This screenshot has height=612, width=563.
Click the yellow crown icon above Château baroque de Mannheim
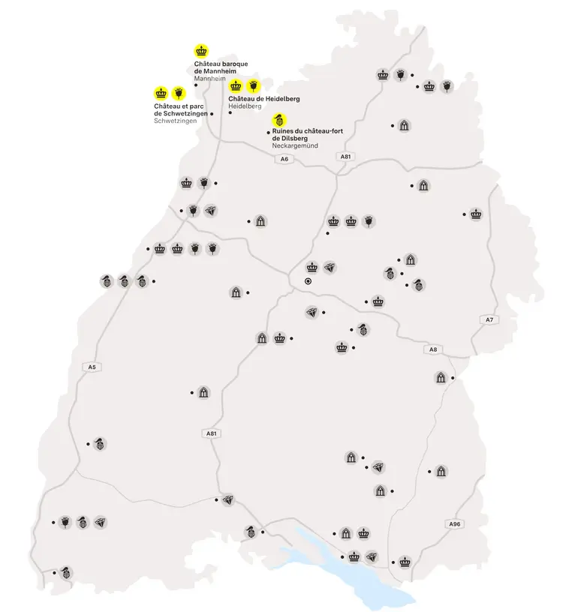pos(201,51)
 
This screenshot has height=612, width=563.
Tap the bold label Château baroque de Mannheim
pos(221,67)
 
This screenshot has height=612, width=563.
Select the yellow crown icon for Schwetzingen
pos(161,93)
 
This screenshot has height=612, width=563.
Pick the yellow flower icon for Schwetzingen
pos(179,93)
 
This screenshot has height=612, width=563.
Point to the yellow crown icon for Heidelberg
pos(235,85)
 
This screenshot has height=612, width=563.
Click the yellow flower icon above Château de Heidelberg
pos(253,85)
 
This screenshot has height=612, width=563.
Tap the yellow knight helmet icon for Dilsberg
pos(279,118)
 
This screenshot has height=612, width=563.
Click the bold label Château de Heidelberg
pos(259,98)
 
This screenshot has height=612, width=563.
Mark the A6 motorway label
pos(284,160)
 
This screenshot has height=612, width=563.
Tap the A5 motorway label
pos(92,367)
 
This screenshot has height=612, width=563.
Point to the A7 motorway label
pos(489,320)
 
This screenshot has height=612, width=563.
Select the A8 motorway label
pos(432,349)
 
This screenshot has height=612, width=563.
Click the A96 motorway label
pos(453,523)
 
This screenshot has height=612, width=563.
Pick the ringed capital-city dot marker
pos(308,281)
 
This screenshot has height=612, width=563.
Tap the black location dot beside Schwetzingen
pos(212,114)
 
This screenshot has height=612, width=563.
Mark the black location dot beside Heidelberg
pos(230,112)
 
